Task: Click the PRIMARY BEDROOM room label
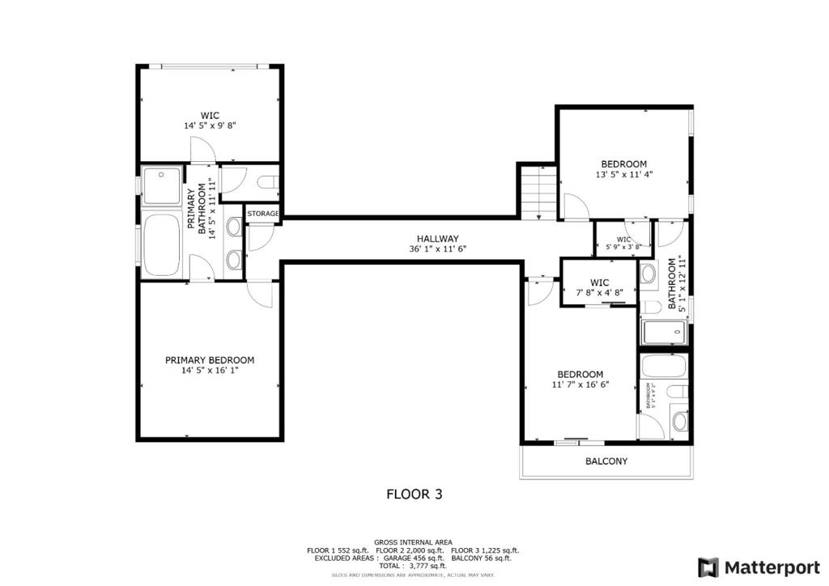(x=210, y=360)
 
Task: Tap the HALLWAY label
(x=438, y=239)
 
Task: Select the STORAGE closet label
(x=263, y=214)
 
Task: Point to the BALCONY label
(x=606, y=461)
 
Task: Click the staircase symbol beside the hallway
(x=537, y=192)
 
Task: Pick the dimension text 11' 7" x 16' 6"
(x=580, y=385)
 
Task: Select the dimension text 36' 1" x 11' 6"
(x=438, y=249)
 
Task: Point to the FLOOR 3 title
(x=414, y=493)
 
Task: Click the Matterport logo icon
(x=708, y=566)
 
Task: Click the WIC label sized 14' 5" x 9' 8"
(x=210, y=115)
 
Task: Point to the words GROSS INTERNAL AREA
(x=413, y=541)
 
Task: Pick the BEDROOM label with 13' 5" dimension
(x=623, y=163)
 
